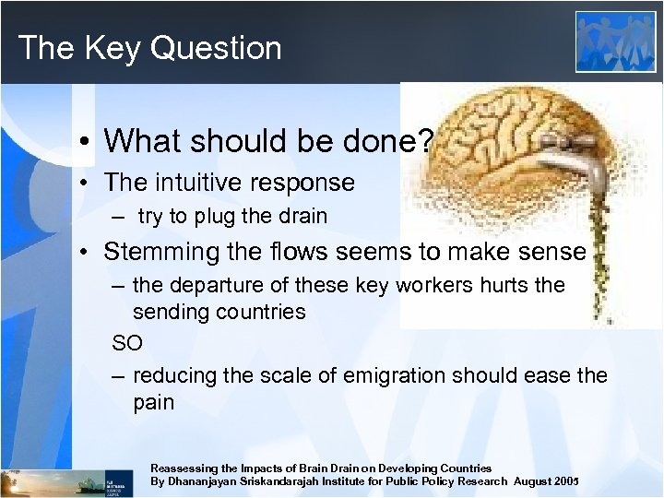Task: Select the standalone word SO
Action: click(x=127, y=343)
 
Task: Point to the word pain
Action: click(x=154, y=402)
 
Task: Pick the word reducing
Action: click(x=174, y=375)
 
